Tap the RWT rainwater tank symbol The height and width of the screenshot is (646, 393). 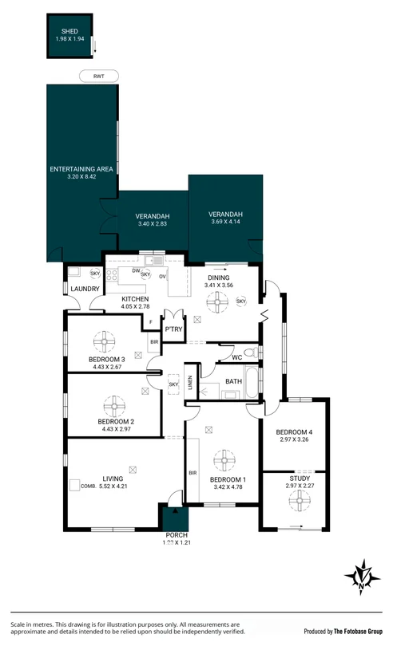pos(99,76)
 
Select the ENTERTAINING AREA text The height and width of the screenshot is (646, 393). pos(84,169)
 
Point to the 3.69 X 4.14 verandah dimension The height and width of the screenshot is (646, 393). pos(225,222)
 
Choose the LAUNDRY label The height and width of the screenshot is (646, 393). pos(85,289)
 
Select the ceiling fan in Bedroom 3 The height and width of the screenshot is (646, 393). pos(105,342)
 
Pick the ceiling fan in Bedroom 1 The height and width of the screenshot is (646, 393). pos(223,461)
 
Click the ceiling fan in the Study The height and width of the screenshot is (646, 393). pos(297,498)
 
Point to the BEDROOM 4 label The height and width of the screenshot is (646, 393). pos(296,431)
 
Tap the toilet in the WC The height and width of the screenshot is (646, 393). pos(251,352)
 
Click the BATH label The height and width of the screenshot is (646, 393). pos(233,381)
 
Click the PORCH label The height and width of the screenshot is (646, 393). pos(175,534)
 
